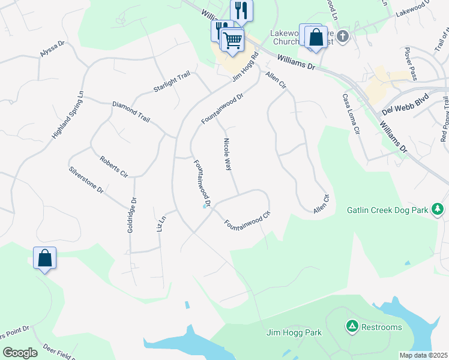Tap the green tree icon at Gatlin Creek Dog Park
coord(439,209)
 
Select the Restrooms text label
coord(382,327)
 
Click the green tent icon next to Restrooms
coord(351,326)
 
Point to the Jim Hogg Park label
coord(294,332)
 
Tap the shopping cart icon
coord(232,40)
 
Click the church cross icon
coord(342,37)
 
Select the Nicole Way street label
coord(228,155)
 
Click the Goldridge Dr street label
coord(133,215)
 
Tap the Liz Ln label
coord(160,223)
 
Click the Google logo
coord(20,353)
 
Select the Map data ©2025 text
coord(423,355)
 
